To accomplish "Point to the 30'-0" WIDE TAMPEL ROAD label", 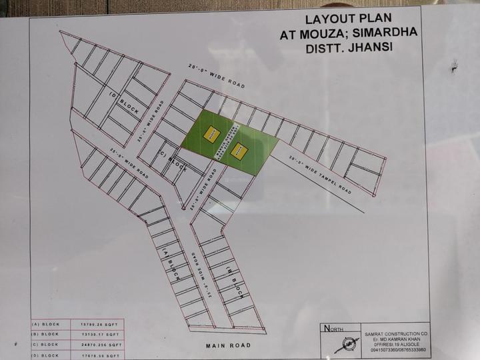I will (320, 171).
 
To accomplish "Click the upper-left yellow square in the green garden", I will (211, 133).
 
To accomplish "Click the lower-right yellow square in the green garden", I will (237, 151).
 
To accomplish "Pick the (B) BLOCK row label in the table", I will (45, 335).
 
